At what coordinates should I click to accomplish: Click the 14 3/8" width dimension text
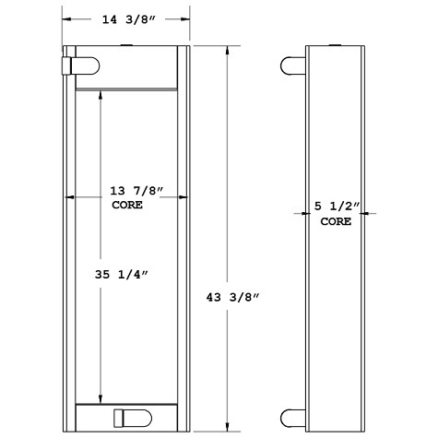pyautogui.click(x=126, y=18)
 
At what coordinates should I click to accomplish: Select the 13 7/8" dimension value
pyautogui.click(x=136, y=190)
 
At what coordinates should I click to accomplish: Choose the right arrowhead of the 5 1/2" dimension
pyautogui.click(x=368, y=214)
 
